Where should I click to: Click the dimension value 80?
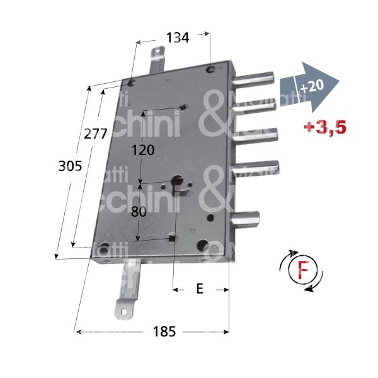(139, 212)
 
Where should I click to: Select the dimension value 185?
(163, 331)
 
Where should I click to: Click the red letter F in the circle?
(301, 271)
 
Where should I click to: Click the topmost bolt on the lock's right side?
(255, 81)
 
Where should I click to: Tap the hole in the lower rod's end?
(123, 310)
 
